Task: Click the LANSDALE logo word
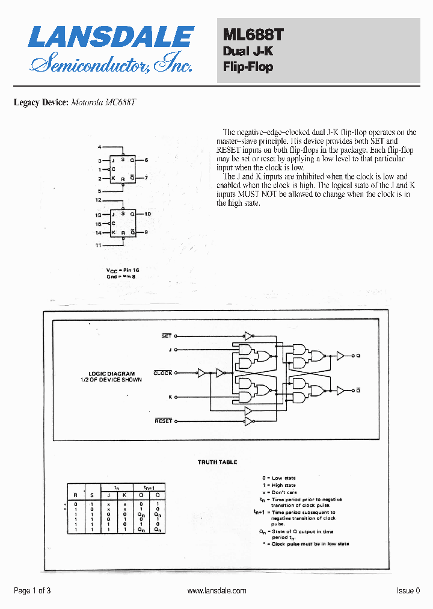111,37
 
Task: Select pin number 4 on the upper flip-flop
100,147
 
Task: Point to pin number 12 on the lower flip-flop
99,199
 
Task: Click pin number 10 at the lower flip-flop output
147,214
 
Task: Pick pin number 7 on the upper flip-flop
146,178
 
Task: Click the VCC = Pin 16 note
123,270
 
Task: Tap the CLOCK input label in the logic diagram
163,373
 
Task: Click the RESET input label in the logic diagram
164,421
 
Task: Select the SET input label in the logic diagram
167,336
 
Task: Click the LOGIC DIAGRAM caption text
111,374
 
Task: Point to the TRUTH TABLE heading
217,462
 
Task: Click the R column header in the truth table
75,495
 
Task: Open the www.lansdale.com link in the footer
216,591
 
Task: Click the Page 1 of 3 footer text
32,591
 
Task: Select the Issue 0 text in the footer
408,591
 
